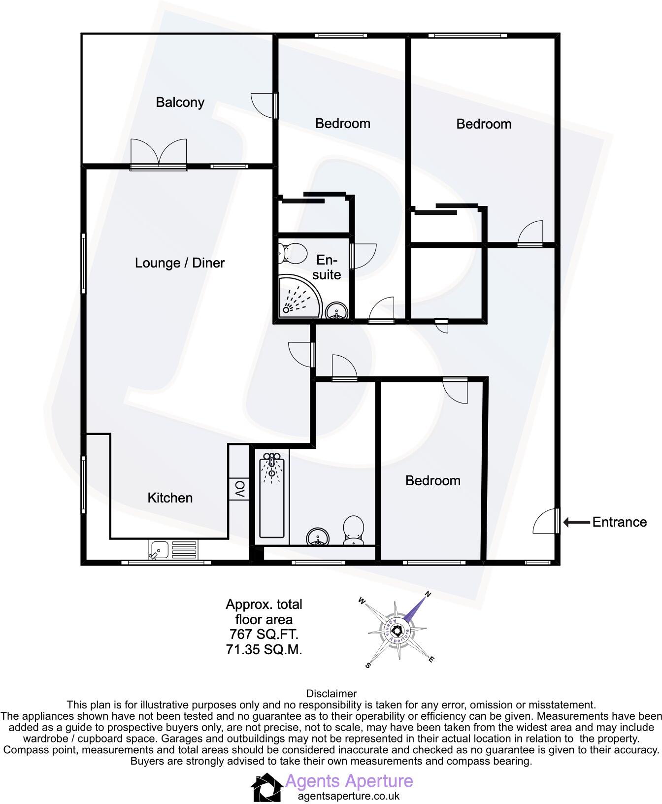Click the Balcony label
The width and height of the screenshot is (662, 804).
180,102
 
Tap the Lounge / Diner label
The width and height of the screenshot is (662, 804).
180,263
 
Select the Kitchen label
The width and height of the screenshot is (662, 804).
170,498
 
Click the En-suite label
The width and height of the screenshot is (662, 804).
327,268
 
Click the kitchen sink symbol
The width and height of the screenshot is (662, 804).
172,550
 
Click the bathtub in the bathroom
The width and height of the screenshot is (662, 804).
272,495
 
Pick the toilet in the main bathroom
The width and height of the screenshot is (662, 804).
353,530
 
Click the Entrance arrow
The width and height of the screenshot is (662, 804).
576,522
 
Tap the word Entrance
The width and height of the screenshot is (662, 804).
619,522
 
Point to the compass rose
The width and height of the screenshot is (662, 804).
397,630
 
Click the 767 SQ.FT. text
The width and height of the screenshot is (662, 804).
264,635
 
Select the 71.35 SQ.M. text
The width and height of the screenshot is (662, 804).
264,650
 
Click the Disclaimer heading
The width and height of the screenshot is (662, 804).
331,694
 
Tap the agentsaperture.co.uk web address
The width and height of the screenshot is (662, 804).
349,796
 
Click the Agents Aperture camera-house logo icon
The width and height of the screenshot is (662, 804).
266,787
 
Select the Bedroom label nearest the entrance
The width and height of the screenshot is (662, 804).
433,481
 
